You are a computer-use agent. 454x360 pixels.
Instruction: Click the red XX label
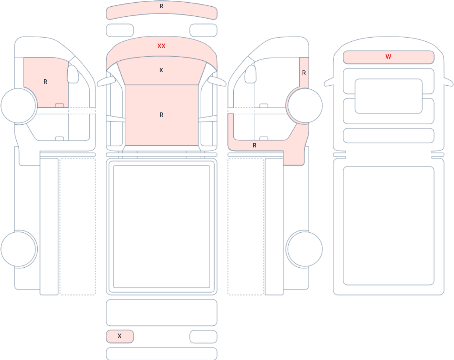[x=162, y=46]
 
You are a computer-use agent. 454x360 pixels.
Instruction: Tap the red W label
[x=389, y=57]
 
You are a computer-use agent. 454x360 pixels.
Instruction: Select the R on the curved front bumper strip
[x=162, y=6]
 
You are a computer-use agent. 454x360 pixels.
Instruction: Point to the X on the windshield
[x=161, y=70]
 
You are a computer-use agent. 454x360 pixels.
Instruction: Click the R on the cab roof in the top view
[x=162, y=115]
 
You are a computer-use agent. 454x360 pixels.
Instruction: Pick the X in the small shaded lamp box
[x=119, y=336]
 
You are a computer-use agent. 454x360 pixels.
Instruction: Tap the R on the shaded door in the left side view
[x=45, y=82]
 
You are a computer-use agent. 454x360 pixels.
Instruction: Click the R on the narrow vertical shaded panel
[x=304, y=73]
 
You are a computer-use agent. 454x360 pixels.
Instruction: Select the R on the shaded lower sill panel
[x=255, y=146]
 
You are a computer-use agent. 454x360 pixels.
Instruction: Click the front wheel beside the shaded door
[x=18, y=105]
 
